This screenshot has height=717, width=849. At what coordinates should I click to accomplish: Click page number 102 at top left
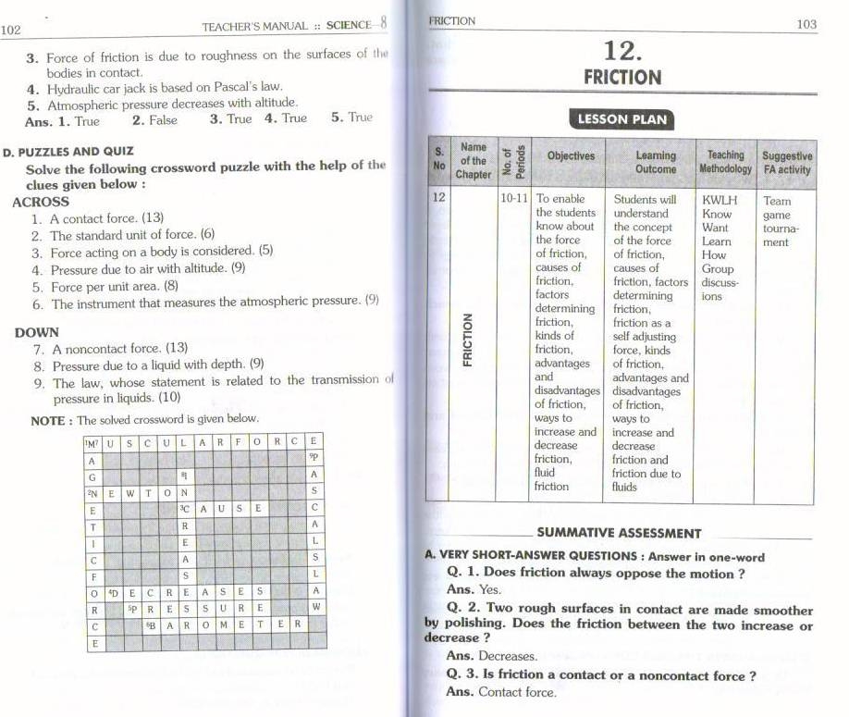coord(11,29)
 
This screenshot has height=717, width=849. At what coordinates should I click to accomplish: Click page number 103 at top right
coord(806,25)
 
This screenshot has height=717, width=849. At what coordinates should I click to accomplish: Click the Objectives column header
coord(571,155)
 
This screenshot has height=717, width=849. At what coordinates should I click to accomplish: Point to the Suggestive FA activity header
coord(786,163)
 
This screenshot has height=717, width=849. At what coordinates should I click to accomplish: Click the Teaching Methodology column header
coord(725,162)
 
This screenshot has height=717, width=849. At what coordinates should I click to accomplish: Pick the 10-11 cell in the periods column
coord(513,199)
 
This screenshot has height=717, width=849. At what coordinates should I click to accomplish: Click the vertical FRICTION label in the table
coord(468,339)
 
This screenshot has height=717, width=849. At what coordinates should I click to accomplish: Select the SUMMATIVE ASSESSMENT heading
coord(619,533)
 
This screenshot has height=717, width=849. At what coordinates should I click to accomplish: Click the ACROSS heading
coord(41,202)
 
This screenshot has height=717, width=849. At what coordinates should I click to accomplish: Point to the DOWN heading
coord(37,332)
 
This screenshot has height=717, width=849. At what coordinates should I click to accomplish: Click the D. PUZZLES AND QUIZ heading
coord(68,151)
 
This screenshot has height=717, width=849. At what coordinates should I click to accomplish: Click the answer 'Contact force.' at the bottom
coord(517,692)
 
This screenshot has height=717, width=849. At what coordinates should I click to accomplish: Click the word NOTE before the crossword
coord(47,420)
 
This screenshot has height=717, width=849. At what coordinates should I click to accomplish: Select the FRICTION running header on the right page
coord(452,20)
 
